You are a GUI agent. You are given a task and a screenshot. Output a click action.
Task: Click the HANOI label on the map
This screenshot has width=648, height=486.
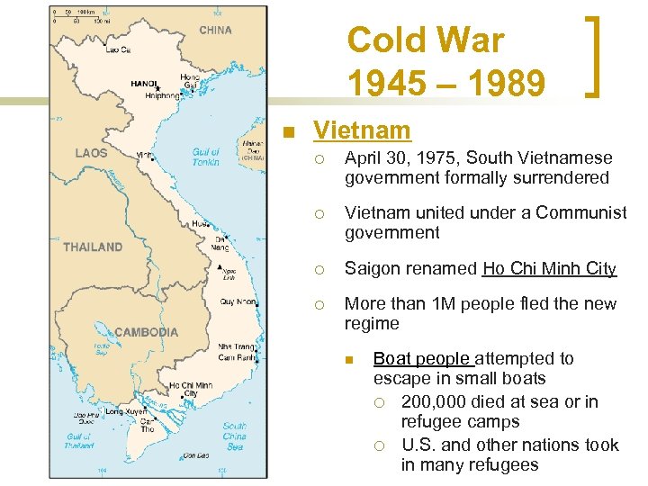click(x=144, y=84)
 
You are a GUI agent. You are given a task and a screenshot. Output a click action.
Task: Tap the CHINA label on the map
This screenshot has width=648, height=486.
click(x=215, y=30)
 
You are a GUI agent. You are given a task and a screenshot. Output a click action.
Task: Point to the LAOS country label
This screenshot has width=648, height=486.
click(x=91, y=153)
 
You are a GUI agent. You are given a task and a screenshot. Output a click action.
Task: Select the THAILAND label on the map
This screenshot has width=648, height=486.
click(x=93, y=247)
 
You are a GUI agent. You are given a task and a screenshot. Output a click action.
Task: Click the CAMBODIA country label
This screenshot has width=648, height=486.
click(x=147, y=332)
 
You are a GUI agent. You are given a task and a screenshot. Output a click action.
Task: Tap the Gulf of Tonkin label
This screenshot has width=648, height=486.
click(x=206, y=157)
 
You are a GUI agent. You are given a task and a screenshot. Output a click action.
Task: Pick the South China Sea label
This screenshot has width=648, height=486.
click(x=235, y=436)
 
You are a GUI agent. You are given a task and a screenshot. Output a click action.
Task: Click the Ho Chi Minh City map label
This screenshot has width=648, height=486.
click(x=192, y=389)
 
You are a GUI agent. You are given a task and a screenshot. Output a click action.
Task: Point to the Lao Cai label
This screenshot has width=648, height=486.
click(x=118, y=50)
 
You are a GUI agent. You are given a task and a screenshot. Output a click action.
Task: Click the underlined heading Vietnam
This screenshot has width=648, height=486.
click(x=362, y=130)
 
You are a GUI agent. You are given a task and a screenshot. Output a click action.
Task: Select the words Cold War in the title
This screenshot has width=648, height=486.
click(x=426, y=40)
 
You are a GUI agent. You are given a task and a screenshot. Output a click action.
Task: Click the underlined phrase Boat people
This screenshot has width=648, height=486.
click(x=422, y=358)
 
